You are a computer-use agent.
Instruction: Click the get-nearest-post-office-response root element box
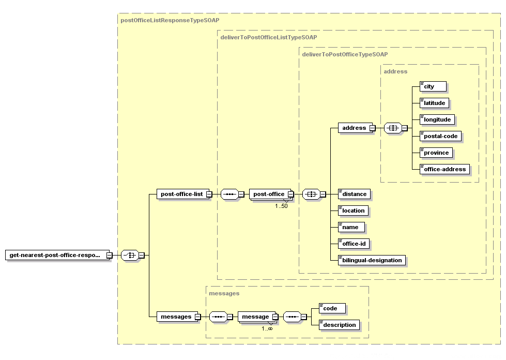[57, 255]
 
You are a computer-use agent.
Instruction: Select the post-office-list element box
[183, 194]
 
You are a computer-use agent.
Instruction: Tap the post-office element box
[270, 194]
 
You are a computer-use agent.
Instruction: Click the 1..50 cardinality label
[281, 206]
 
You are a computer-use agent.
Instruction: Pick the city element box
[433, 86]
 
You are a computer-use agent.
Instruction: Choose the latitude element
[434, 103]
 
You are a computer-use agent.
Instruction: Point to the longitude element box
[437, 119]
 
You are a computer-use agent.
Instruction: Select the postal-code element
[440, 136]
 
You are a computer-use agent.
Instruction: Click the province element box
[436, 153]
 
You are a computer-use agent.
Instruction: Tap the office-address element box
[444, 169]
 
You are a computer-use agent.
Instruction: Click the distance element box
[355, 194]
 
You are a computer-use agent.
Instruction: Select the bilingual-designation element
[372, 260]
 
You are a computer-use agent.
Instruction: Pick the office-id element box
[354, 244]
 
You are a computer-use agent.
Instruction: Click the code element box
[332, 308]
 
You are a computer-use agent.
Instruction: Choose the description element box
[339, 325]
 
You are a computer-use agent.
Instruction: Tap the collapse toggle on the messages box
[197, 317]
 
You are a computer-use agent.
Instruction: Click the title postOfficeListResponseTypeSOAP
[170, 20]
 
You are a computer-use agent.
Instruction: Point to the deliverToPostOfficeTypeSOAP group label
[345, 54]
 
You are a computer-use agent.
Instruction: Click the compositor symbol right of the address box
[393, 128]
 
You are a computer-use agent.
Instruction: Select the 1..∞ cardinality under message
[267, 328]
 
